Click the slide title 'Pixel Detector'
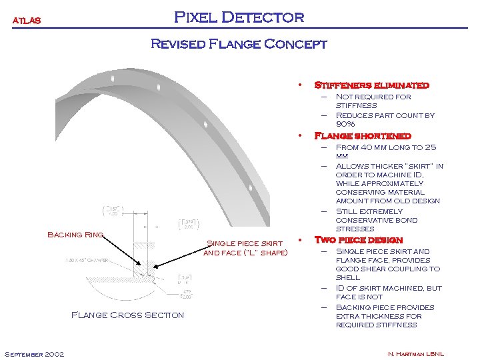coord(239,17)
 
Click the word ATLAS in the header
coord(27,21)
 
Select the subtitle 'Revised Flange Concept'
coord(239,45)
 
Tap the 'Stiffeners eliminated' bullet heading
coord(371,85)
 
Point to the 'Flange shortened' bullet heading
coord(362,136)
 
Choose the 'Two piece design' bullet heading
coord(358,240)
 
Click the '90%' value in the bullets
coord(345,124)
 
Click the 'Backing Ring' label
coord(74,235)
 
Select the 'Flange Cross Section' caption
coord(127,315)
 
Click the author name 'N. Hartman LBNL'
coord(415,353)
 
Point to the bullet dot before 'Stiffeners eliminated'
coord(301,85)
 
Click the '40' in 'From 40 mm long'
coord(369,147)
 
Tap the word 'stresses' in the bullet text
coord(355,229)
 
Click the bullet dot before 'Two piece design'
coord(301,240)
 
